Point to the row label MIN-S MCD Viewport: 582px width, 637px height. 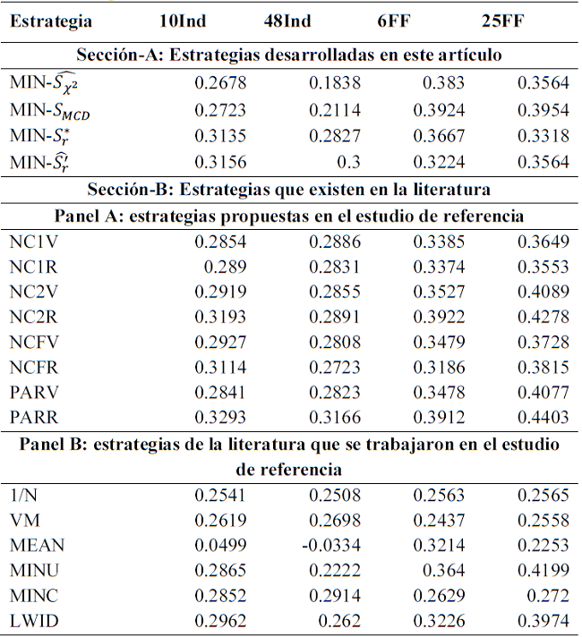(50, 112)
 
